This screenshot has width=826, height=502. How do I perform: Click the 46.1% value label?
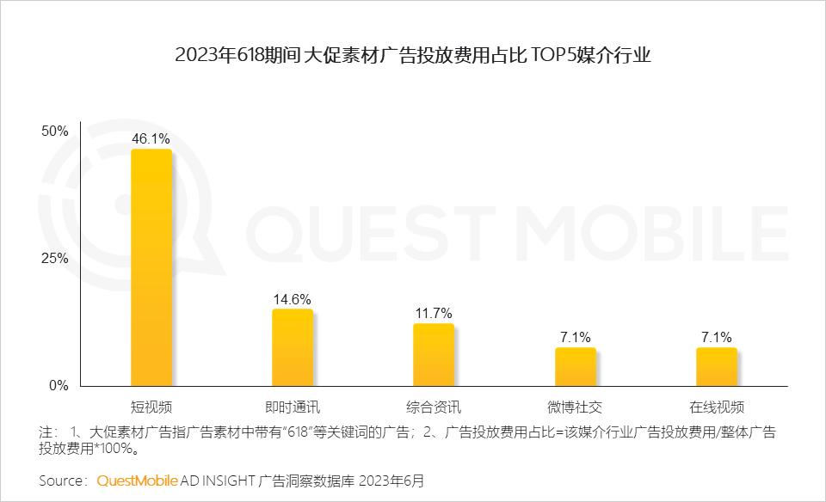tap(151, 138)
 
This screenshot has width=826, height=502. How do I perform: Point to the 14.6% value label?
tap(293, 299)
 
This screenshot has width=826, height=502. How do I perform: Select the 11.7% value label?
tap(434, 314)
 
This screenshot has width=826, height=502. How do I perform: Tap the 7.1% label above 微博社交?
tap(575, 337)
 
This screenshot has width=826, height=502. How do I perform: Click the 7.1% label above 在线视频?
tap(716, 337)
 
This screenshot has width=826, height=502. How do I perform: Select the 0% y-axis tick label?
tap(58, 386)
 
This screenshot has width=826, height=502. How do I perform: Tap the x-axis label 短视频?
tap(151, 407)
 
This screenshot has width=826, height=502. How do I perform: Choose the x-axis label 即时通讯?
tap(293, 407)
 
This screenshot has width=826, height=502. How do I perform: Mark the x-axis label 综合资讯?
tap(434, 407)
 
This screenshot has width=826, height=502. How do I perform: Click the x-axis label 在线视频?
tap(716, 407)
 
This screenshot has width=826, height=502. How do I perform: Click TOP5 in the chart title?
tap(558, 56)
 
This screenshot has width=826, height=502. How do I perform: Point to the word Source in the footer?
tap(62, 479)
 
